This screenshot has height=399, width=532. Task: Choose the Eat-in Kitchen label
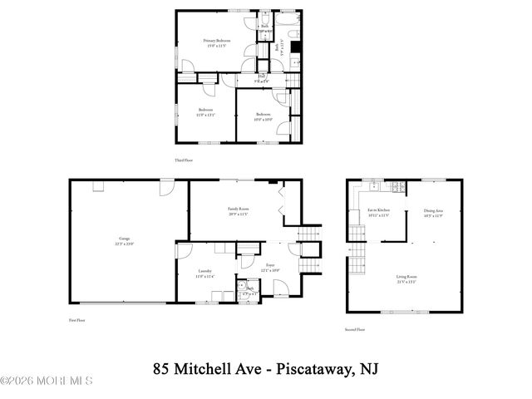pyautogui.click(x=379, y=212)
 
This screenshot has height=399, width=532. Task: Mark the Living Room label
pyautogui.click(x=406, y=279)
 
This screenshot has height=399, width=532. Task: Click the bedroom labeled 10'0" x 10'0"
pyautogui.click(x=264, y=116)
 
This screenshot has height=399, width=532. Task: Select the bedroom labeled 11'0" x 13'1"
pyautogui.click(x=205, y=112)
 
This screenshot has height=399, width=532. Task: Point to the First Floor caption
pyautogui.click(x=76, y=320)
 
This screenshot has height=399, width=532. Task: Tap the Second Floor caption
pyautogui.click(x=355, y=329)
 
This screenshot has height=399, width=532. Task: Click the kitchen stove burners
pyautogui.click(x=398, y=187)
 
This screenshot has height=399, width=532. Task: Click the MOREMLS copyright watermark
pyautogui.click(x=47, y=381)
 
